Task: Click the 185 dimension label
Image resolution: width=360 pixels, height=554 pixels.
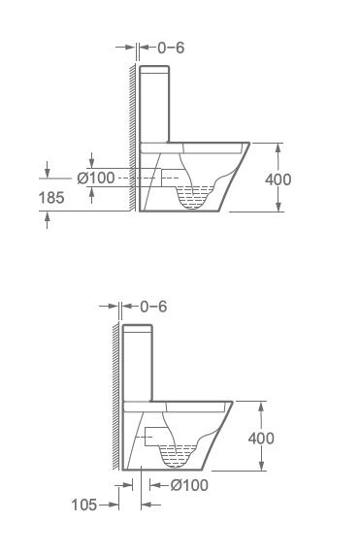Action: pyautogui.click(x=51, y=198)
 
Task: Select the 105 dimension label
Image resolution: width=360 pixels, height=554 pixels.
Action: pyautogui.click(x=84, y=505)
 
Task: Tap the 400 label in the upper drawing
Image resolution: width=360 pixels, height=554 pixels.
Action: pyautogui.click(x=278, y=179)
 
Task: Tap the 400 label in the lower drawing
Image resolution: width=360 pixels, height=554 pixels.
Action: pyautogui.click(x=261, y=439)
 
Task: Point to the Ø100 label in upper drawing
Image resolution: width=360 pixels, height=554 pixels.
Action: pyautogui.click(x=96, y=178)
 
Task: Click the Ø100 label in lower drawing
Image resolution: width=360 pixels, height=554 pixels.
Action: pyautogui.click(x=189, y=485)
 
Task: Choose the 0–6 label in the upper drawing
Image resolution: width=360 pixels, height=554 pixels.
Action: pyautogui.click(x=171, y=48)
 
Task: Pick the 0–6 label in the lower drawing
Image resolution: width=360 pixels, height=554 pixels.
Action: pyautogui.click(x=153, y=307)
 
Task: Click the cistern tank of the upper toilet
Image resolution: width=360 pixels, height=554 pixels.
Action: pyautogui.click(x=154, y=104)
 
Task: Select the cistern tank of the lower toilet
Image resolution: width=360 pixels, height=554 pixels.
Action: pyautogui.click(x=138, y=363)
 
